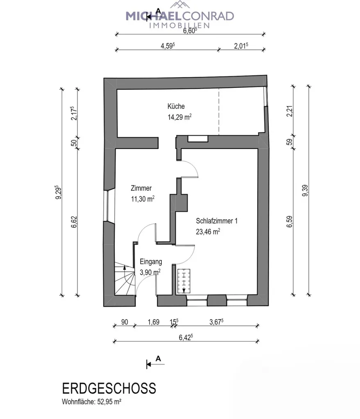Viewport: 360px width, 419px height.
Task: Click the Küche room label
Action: point(176,106)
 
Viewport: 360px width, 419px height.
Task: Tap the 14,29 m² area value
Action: point(179,116)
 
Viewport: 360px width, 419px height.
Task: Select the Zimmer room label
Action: point(141,189)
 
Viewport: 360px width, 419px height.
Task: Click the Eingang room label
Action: point(151,262)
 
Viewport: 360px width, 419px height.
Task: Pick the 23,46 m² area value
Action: point(208,231)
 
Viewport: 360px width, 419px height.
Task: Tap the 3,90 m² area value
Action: point(150,271)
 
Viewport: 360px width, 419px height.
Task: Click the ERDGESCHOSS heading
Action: point(109,388)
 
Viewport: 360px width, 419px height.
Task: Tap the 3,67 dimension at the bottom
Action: point(216,322)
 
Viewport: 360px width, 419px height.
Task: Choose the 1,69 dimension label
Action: point(153,322)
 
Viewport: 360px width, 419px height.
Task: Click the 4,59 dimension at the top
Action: point(168,46)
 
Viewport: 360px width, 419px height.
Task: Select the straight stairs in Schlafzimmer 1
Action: point(184,280)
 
